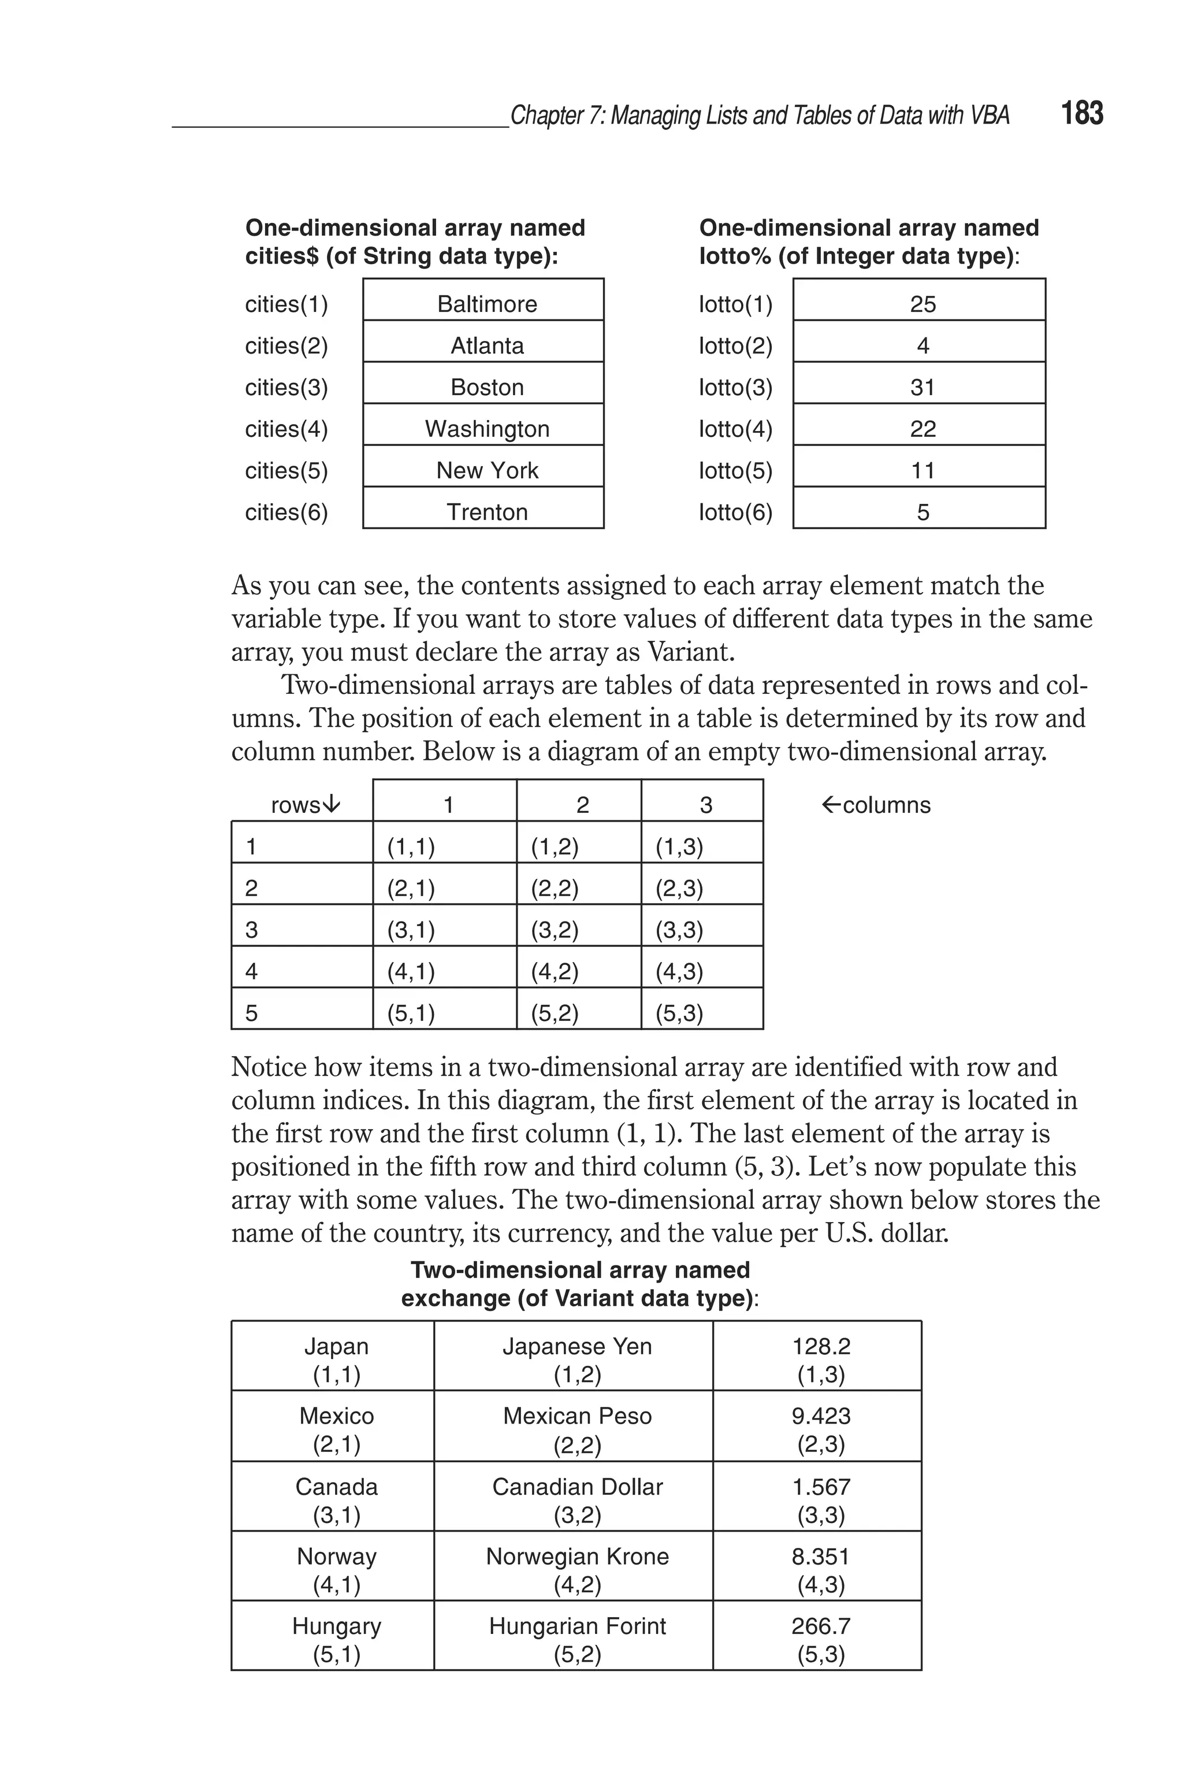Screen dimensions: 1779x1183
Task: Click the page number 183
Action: [x=1081, y=113]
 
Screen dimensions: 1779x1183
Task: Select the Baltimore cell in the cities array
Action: [x=486, y=304]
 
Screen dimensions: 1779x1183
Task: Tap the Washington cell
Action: [x=486, y=429]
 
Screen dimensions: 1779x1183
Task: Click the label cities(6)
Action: [x=287, y=512]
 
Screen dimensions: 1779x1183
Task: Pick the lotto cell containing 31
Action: [x=922, y=387]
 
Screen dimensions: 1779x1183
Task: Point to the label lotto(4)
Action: [x=735, y=429]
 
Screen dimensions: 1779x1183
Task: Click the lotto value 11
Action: [x=922, y=470]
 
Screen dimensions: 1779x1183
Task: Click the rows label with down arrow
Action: [x=305, y=805]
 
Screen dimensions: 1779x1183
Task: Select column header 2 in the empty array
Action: [x=582, y=805]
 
